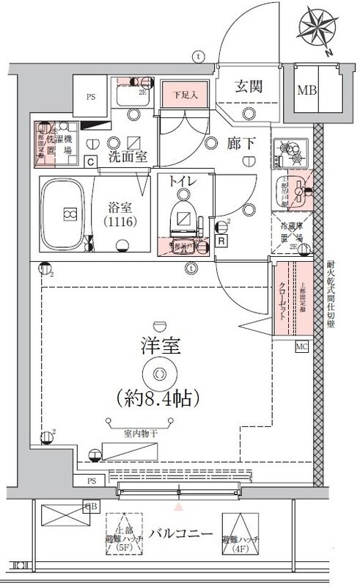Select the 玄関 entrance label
tap(249, 87)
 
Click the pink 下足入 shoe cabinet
tap(181, 95)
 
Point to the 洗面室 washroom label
tap(128, 156)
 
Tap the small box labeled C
tap(90, 162)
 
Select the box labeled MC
tap(301, 346)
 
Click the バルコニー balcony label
tap(176, 533)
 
